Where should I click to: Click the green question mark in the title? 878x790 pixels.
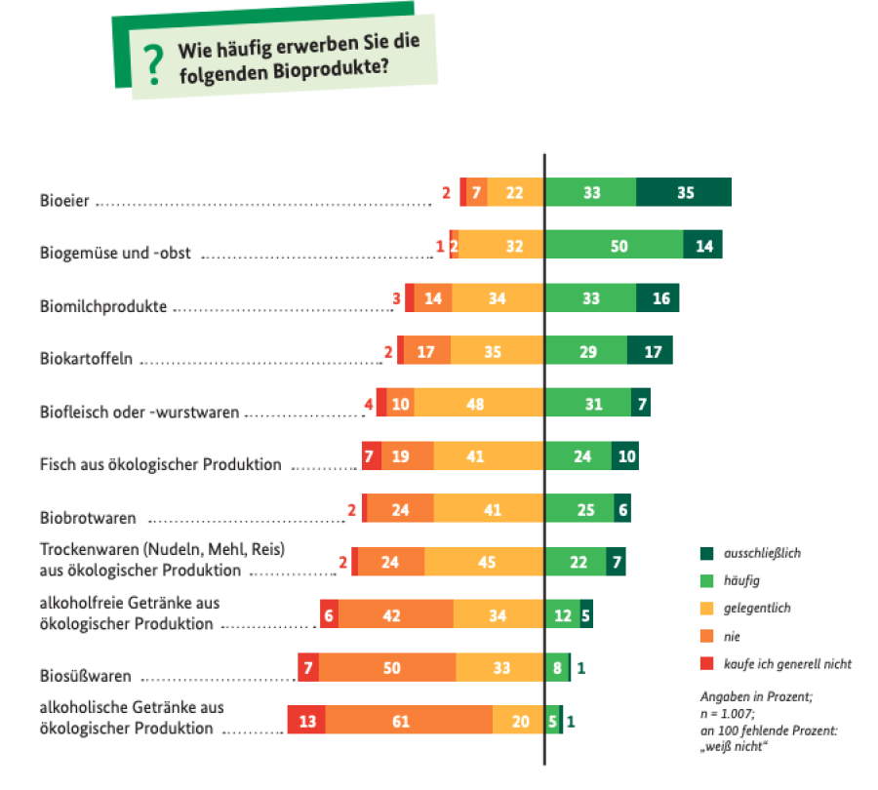point(151,64)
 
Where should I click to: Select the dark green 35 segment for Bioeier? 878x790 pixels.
point(684,192)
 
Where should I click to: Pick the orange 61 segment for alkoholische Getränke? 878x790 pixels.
point(409,721)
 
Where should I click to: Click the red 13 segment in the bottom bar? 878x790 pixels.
point(306,721)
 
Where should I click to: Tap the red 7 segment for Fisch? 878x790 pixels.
point(371,455)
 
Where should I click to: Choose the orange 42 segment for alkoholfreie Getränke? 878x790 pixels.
point(395,614)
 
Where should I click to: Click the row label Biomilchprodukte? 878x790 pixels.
point(103,307)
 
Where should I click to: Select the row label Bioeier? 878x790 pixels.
point(64,202)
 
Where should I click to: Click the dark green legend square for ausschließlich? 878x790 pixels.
point(706,552)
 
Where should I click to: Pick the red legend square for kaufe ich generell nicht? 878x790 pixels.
point(706,663)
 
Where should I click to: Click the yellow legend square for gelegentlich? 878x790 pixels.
point(706,608)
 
